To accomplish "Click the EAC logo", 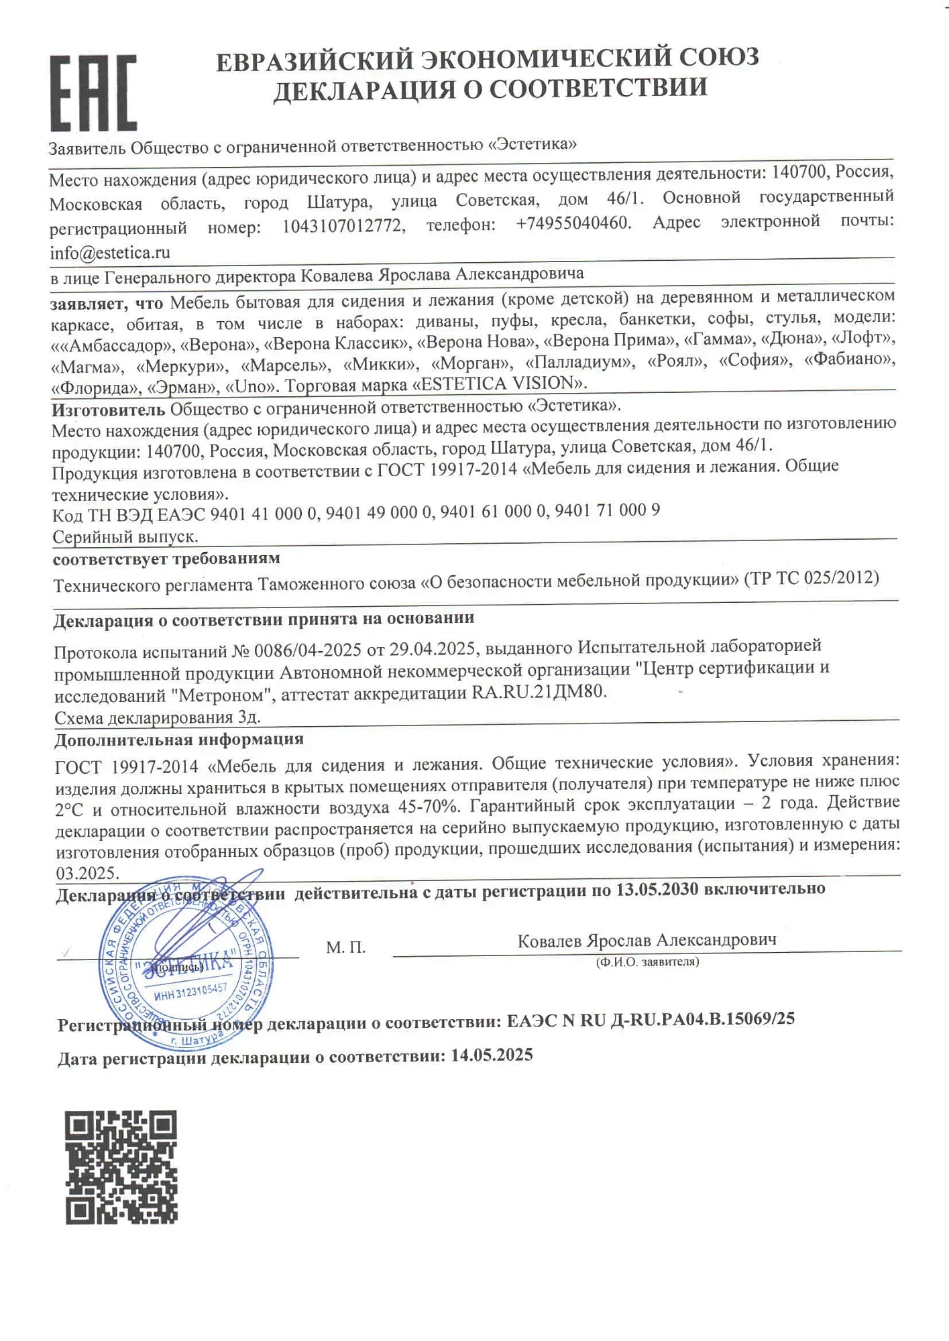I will (93, 93).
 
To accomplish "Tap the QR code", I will (121, 1167).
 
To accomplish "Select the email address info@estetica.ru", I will (110, 253).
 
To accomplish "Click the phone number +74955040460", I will (573, 223).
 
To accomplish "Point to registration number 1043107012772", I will (343, 226).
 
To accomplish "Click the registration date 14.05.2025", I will (492, 1055).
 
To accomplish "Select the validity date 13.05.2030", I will (657, 889).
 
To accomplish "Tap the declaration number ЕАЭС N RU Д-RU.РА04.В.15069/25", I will (651, 1019).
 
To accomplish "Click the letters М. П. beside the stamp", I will (345, 947).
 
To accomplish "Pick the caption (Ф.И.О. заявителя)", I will (647, 962).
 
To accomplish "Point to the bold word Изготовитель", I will (108, 408).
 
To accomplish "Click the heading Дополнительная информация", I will (178, 739).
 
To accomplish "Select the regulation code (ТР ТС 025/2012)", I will (812, 577).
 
